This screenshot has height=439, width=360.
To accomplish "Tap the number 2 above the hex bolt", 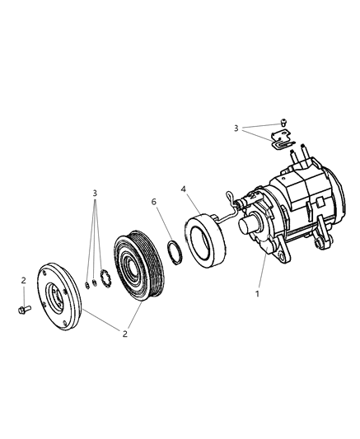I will pos(23,280).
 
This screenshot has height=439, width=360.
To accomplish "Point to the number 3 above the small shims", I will pos(95,193).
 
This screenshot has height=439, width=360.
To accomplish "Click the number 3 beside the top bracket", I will pos(236,128).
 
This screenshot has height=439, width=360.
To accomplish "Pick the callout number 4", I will pos(182,188).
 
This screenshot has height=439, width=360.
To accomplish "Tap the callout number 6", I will pos(154,202).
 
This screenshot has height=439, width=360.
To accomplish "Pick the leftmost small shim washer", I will pos(86,286).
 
